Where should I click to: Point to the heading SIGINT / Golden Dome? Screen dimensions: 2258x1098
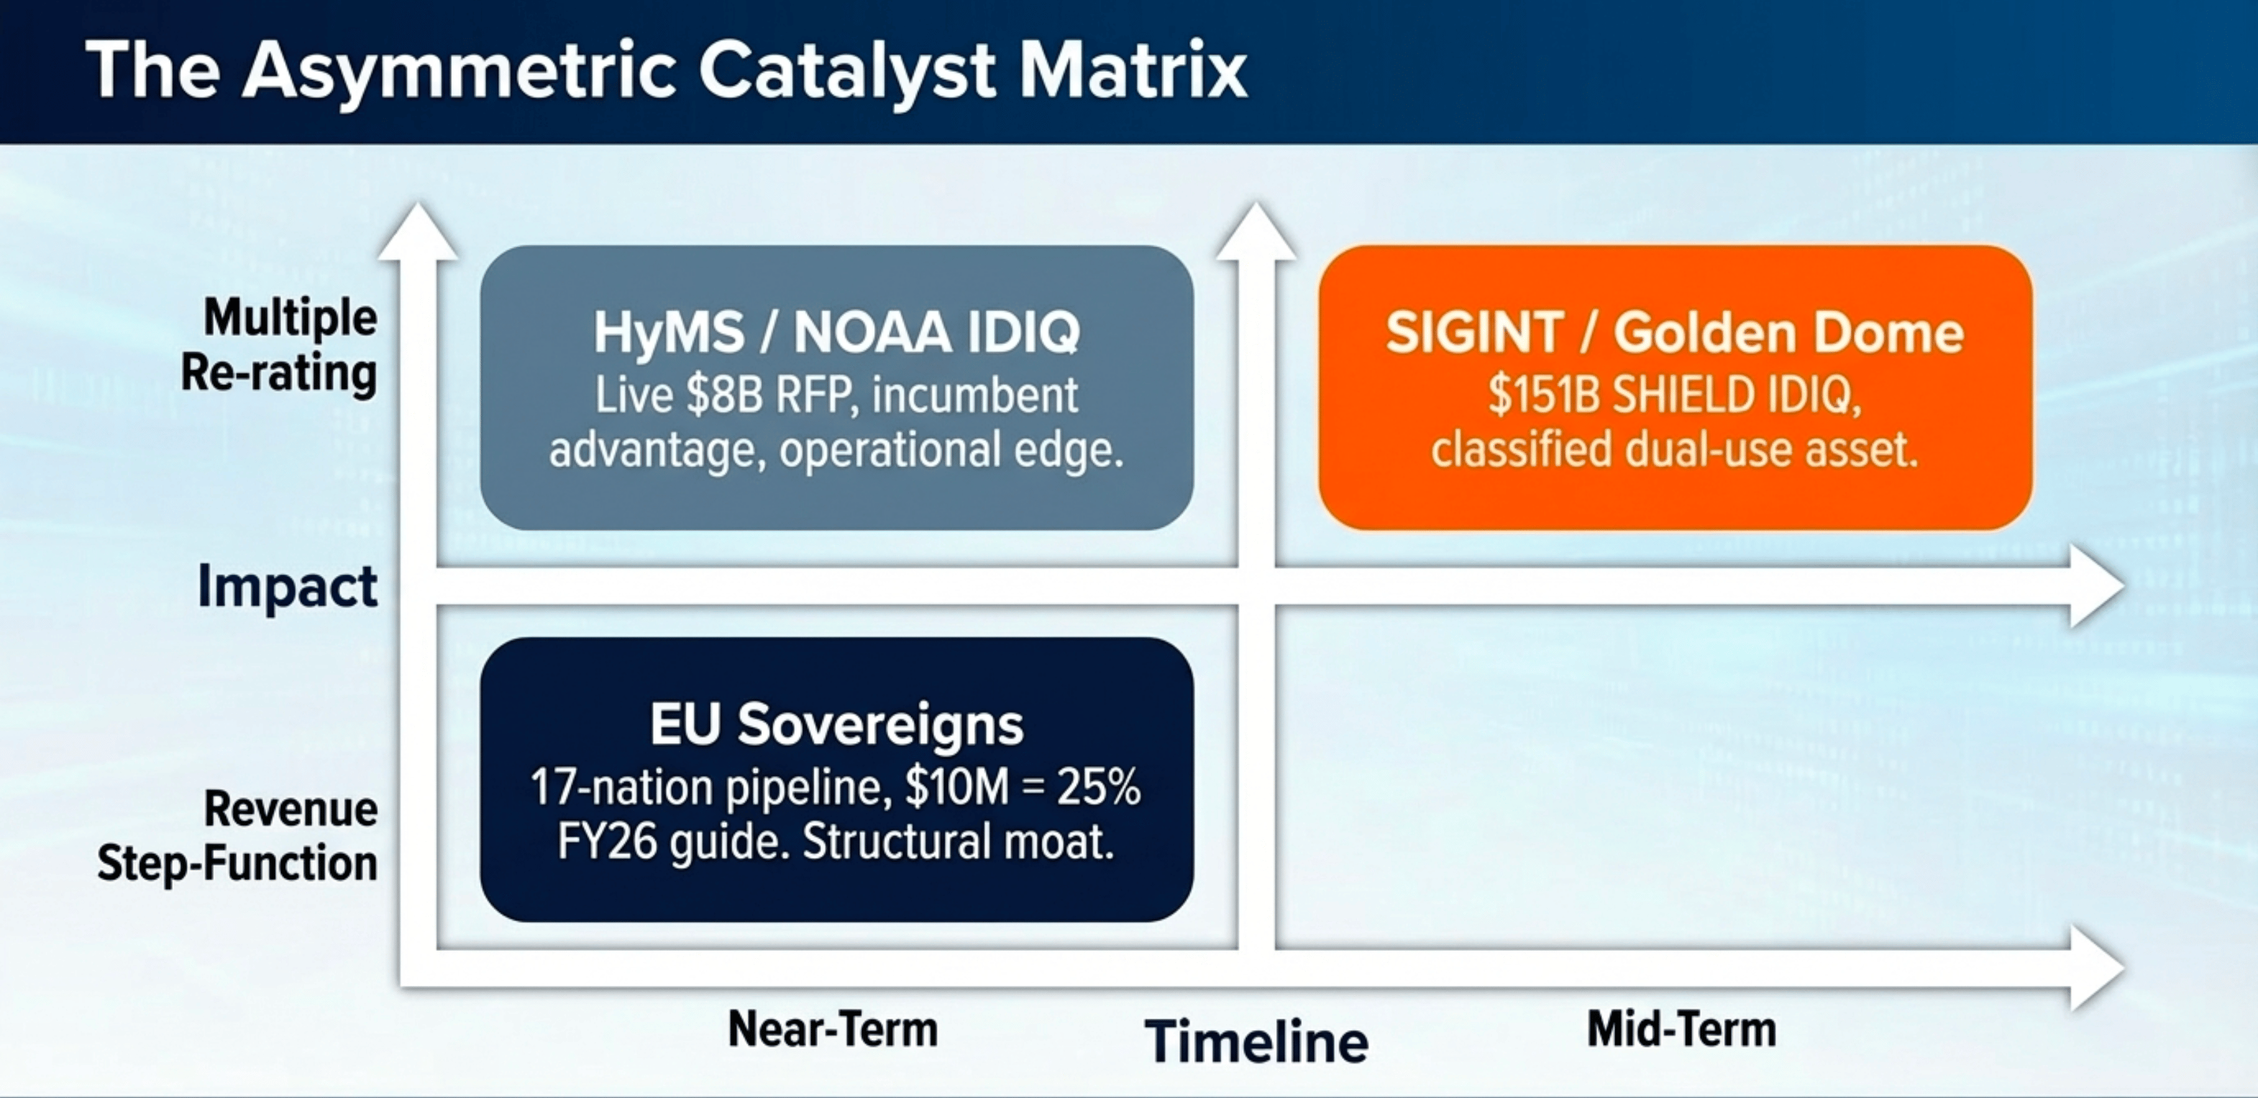(x=1675, y=333)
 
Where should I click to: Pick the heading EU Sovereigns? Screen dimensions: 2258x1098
(x=836, y=724)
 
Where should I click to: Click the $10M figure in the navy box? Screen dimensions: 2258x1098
(x=956, y=787)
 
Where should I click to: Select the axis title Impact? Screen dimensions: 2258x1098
(x=288, y=585)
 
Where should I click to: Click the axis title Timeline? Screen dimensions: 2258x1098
(x=1256, y=1041)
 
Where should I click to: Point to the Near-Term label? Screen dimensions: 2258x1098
(x=832, y=1029)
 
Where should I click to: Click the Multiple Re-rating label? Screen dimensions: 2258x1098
(x=280, y=345)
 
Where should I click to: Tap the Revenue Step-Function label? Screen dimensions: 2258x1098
(x=237, y=836)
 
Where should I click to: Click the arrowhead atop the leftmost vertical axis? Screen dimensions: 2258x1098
(x=418, y=230)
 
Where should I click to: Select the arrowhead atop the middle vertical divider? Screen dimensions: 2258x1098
(x=1256, y=230)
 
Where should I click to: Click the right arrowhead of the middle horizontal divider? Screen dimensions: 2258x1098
(x=2097, y=585)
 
